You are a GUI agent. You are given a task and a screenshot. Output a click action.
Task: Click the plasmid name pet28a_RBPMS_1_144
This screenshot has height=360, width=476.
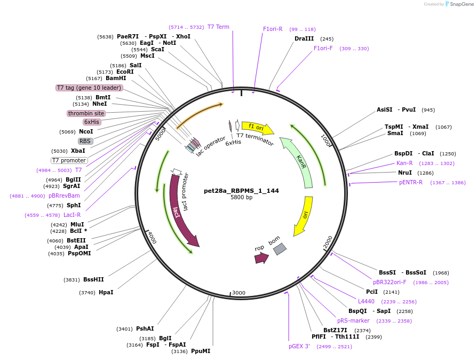click(241, 191)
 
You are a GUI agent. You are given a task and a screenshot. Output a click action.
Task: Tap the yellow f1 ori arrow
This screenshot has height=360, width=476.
click(258, 128)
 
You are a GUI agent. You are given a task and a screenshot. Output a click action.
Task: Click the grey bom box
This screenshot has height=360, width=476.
click(280, 249)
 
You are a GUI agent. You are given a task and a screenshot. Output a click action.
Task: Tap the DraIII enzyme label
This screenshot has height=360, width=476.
click(304, 39)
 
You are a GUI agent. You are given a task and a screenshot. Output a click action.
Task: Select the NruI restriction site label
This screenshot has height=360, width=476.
click(405, 173)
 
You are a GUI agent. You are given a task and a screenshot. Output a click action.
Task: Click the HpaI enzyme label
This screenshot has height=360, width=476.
click(106, 292)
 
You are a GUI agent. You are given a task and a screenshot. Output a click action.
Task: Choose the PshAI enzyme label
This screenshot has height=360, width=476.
click(145, 328)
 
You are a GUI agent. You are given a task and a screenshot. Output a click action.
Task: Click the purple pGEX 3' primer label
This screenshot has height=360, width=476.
click(299, 346)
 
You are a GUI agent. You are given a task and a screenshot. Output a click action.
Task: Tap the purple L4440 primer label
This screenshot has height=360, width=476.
click(367, 301)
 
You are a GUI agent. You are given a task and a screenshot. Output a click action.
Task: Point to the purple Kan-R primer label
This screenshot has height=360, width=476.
click(404, 163)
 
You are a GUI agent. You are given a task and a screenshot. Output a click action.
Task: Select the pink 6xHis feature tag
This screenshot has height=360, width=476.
click(92, 122)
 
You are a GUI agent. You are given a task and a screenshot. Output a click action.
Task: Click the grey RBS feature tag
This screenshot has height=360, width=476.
click(85, 141)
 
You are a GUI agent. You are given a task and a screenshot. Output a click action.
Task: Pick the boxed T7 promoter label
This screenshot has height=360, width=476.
click(69, 160)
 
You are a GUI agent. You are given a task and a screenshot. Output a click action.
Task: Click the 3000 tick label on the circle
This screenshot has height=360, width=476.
click(239, 293)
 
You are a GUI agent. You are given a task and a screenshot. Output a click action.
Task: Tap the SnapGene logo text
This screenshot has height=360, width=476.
click(462, 4)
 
